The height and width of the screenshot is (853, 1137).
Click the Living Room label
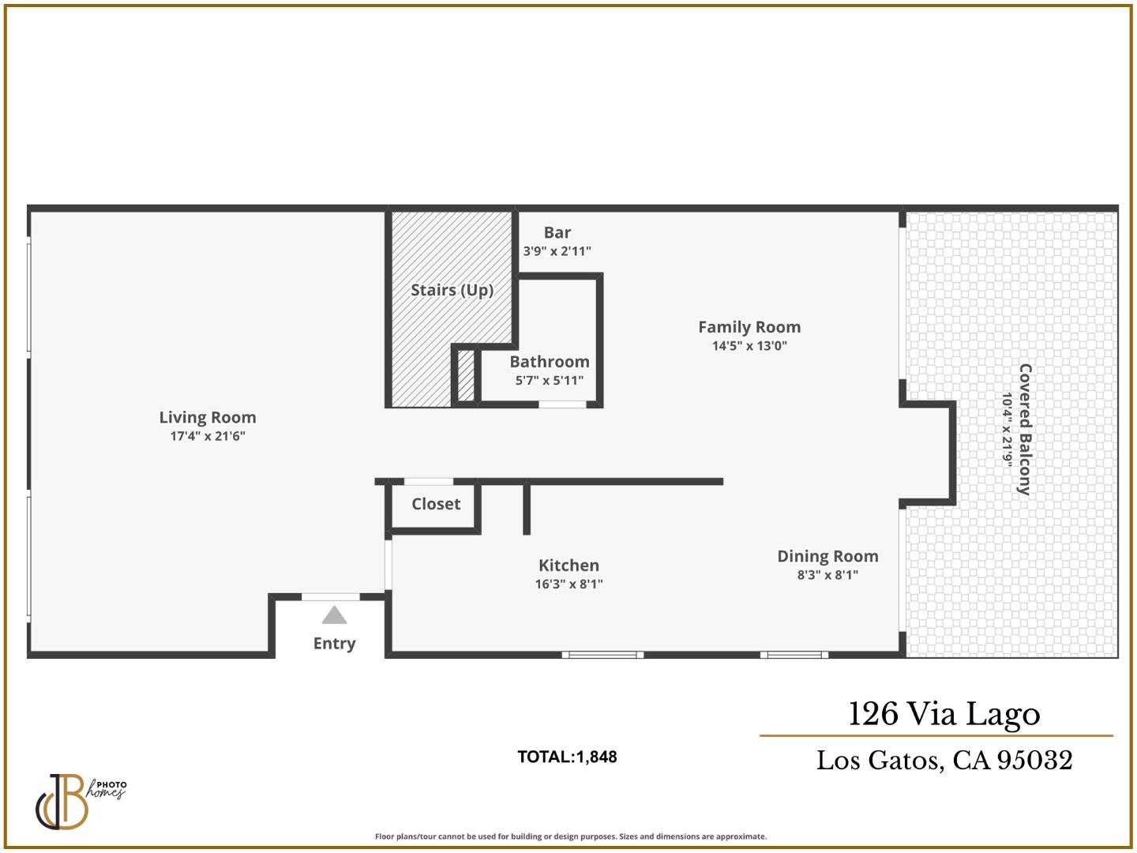point(208,418)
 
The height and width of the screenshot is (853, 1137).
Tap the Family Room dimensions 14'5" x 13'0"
point(749,346)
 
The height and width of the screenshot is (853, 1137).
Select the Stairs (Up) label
point(452,290)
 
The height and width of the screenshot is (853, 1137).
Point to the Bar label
point(557,232)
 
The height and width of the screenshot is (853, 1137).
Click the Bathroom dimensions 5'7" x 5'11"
point(550,381)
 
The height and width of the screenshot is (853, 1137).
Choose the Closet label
point(436,504)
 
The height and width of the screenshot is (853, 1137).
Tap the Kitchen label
point(568,566)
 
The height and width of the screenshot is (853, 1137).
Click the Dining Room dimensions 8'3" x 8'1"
point(827,575)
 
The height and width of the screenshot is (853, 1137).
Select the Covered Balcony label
point(1025,430)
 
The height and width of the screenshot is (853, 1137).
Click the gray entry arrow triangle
point(334,615)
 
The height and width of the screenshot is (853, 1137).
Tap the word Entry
point(334,644)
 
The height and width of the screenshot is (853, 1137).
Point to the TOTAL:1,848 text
point(567,757)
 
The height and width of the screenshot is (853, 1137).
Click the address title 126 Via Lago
point(944,714)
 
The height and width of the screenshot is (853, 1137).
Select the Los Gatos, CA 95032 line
point(944,760)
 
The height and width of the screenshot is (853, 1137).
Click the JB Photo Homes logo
point(79,801)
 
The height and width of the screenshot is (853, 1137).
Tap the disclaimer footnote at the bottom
point(570,836)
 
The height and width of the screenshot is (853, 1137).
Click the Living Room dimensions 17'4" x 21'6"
point(208,436)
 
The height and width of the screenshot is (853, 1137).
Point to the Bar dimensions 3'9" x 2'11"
point(557,251)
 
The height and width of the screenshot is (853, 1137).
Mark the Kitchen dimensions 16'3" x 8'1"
point(568,584)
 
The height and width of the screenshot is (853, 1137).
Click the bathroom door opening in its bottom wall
point(562,404)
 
